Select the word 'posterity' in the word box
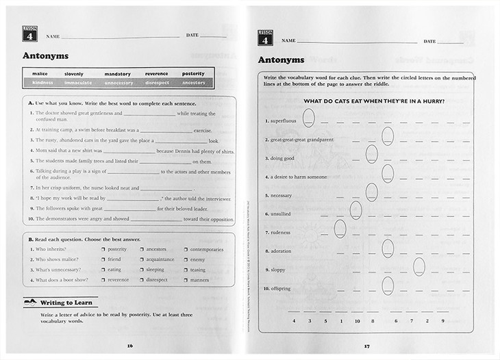point(193,73)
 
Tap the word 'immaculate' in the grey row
point(78,83)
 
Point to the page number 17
point(367,345)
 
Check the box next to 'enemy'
point(186,259)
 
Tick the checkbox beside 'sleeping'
point(142,270)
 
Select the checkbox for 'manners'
point(186,280)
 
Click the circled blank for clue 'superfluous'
point(309,118)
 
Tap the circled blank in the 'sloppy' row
point(419,267)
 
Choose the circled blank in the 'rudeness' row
point(340,229)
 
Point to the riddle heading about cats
point(373,101)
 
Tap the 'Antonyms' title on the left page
point(45,56)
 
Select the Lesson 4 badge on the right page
point(265,38)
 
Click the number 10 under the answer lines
point(357,320)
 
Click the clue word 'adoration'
point(281,251)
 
